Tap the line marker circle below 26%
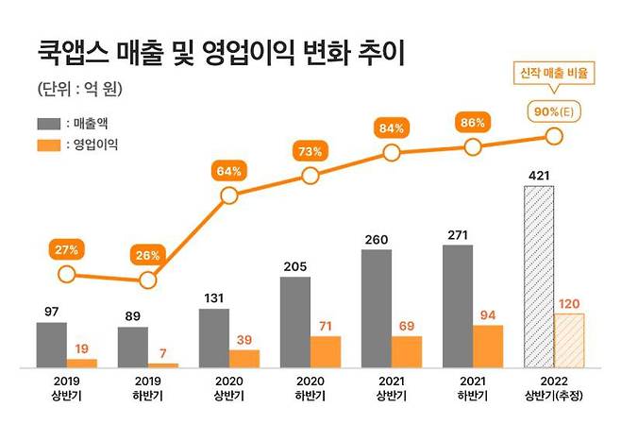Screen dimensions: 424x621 point(147,280)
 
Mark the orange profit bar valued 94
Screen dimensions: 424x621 point(488,346)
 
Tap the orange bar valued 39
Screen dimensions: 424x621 point(243,358)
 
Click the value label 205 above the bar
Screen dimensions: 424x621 point(296,266)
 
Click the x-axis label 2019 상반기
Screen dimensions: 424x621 point(66,388)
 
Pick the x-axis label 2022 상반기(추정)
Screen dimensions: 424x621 point(553,388)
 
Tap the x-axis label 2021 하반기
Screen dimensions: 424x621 point(472,388)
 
